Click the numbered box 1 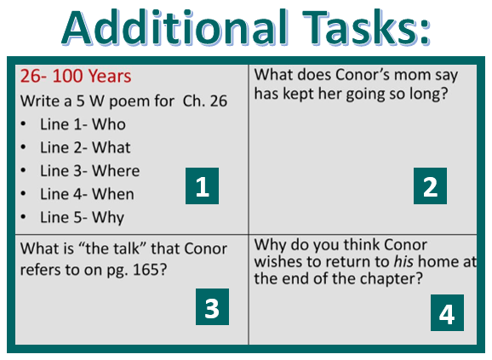202,186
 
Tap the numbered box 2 430,186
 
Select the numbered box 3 213,306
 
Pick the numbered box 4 447,312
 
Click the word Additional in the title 174,27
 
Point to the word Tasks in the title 361,27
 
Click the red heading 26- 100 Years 76,77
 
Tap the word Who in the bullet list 109,124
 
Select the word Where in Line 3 116,171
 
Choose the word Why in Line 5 108,218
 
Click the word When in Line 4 113,194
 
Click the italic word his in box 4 403,261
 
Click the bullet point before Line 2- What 23,148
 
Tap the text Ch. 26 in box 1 205,101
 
